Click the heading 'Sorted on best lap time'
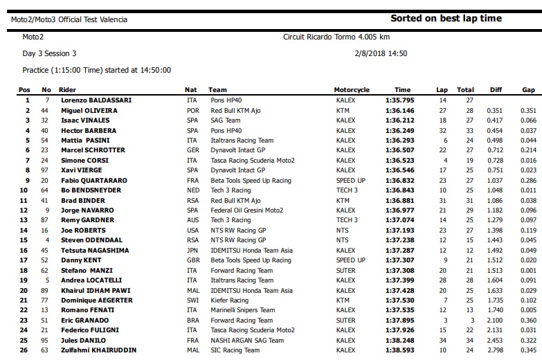(x=446, y=19)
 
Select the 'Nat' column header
(x=191, y=90)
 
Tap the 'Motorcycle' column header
(x=352, y=90)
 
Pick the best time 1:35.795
(x=399, y=100)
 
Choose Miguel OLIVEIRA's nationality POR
(x=192, y=110)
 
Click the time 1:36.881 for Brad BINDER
(x=399, y=200)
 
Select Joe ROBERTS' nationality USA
(x=192, y=231)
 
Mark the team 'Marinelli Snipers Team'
(x=242, y=311)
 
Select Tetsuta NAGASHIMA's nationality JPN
(x=192, y=251)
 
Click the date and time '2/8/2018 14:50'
(x=381, y=53)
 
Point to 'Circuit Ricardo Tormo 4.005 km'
(x=336, y=37)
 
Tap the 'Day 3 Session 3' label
(x=50, y=53)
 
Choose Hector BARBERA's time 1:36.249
(x=399, y=130)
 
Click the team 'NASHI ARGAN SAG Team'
(x=247, y=341)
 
